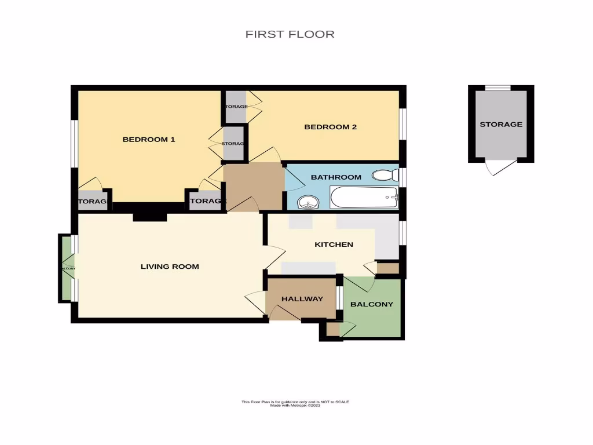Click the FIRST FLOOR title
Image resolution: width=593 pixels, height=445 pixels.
(290, 34)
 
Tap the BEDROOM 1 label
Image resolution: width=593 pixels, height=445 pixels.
(149, 139)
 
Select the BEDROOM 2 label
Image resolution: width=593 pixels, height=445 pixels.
(330, 127)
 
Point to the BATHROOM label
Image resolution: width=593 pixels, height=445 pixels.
(336, 177)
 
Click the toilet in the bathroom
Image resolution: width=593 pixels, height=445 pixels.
(384, 175)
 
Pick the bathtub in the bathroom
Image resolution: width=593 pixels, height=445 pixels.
(364, 198)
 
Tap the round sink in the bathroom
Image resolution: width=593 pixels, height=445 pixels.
(308, 202)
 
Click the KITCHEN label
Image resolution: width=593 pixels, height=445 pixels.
(334, 245)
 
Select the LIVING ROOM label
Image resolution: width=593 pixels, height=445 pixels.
(170, 267)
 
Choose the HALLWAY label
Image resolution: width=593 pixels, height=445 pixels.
(302, 299)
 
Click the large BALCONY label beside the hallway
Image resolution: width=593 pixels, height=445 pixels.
(372, 304)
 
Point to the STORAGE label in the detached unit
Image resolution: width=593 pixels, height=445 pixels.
(501, 125)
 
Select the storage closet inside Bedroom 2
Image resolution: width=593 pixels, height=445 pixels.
(236, 107)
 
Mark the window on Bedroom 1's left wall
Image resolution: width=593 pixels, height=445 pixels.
(74, 143)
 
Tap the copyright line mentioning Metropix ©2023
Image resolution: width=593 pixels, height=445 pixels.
(295, 406)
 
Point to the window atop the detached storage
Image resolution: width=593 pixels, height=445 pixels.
(498, 87)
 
